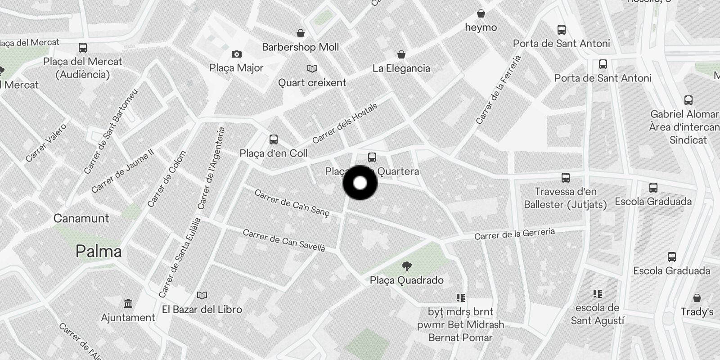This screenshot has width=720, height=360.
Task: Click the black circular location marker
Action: [x=360, y=183]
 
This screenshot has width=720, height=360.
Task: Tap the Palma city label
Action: [x=99, y=251]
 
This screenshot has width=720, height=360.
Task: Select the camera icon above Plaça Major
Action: [x=237, y=54]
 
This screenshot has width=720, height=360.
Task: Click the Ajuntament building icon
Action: [x=128, y=303]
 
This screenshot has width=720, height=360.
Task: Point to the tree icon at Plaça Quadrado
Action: [x=406, y=266]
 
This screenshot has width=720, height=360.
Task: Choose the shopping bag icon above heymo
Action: [x=481, y=13]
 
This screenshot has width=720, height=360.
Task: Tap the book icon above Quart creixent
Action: [x=312, y=69]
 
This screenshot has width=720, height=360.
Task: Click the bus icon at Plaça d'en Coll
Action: [x=273, y=139]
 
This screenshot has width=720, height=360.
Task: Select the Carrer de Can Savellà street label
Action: [x=283, y=240]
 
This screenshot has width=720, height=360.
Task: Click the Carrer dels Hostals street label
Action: [x=345, y=123]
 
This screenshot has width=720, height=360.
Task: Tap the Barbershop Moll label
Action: [x=300, y=47]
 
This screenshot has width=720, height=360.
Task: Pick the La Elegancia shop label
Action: [x=401, y=68]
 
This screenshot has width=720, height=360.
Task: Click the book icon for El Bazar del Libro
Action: [x=202, y=296]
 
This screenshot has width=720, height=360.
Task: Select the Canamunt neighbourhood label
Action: [x=81, y=218]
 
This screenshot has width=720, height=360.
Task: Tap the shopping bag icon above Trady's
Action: [x=697, y=298]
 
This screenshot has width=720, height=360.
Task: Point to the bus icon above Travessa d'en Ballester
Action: [x=566, y=178]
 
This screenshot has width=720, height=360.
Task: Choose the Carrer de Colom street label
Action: [x=166, y=179]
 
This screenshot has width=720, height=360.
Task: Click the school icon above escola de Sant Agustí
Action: [x=597, y=294]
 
